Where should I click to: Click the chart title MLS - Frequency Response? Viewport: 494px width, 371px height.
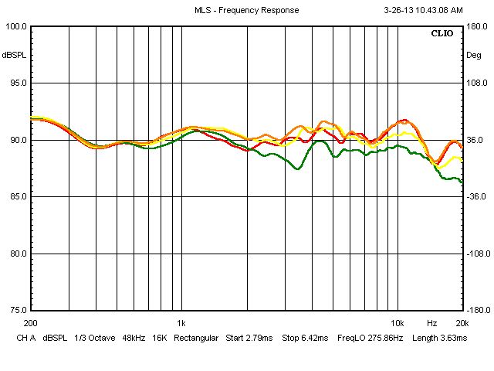246,11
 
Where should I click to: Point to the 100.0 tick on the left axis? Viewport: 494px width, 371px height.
15,26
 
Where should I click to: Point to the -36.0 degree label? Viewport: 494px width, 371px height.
476,197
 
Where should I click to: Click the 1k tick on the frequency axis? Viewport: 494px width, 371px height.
181,323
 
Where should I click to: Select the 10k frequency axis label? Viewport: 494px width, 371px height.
397,323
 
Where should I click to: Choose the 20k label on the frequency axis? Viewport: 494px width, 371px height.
461,323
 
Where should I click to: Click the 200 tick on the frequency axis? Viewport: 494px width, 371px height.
31,323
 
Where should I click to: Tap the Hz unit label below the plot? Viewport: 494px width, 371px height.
432,323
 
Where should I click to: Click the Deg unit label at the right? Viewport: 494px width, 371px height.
474,56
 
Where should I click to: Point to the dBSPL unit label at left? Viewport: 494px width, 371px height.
14,56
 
